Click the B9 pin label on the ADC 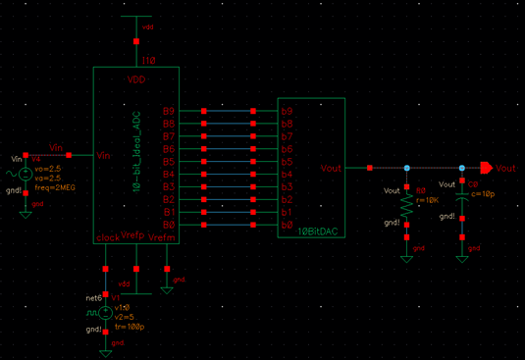coord(168,112)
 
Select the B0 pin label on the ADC coord(168,225)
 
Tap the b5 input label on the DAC coord(288,162)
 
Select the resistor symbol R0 coord(407,204)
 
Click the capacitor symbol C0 coord(461,200)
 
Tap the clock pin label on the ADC coord(106,236)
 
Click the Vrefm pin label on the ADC coord(163,236)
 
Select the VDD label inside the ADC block coord(135,79)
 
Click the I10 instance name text coord(148,61)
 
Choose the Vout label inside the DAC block coord(333,168)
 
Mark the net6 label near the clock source coord(94,296)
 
